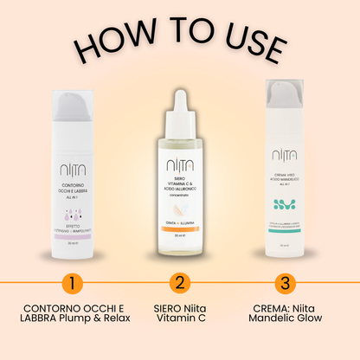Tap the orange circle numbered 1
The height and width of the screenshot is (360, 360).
point(74,283)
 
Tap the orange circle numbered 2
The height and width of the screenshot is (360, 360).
point(179,283)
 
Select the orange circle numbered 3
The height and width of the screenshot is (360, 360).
point(284,283)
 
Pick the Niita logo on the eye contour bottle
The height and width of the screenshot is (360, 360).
point(74,145)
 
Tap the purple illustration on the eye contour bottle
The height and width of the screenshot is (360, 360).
point(74,198)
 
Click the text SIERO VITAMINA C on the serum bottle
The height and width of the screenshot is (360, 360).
point(180,183)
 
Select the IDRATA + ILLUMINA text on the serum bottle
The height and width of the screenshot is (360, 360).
point(180,222)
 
